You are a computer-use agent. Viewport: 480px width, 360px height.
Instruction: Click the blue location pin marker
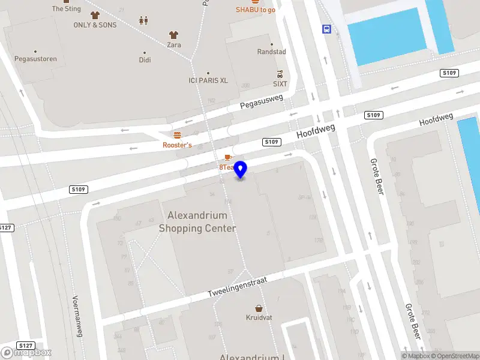pos(241,169)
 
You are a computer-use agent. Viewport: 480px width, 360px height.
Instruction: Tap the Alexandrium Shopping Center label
pos(197,222)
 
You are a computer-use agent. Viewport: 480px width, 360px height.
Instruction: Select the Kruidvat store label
pos(259,317)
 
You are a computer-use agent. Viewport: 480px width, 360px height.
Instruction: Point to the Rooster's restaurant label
pos(177,145)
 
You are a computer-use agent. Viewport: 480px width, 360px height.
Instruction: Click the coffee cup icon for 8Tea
pos(227,157)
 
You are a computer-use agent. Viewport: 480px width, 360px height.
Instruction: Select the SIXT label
pos(280,85)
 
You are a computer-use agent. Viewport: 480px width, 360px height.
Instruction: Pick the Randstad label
pos(272,52)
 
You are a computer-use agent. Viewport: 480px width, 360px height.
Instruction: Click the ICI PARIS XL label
pos(208,80)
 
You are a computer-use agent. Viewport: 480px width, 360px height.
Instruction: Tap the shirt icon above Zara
pos(174,35)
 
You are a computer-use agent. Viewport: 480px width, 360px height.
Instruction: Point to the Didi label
pos(145,60)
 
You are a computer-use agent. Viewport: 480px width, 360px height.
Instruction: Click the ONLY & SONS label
pos(95,25)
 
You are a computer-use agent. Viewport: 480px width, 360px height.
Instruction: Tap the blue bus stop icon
pos(326,29)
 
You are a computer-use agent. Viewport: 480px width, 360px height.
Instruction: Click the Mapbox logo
pos(26,353)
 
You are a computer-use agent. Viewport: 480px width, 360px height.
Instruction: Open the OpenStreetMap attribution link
pos(453,356)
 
